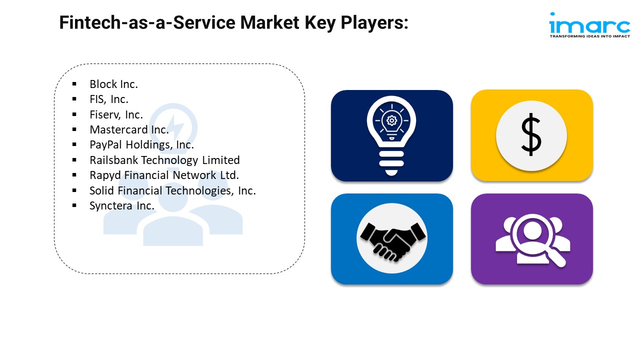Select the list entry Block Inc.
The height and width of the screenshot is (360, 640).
[113, 84]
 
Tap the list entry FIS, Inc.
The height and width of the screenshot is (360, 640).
[109, 99]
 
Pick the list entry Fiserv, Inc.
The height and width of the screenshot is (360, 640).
[116, 114]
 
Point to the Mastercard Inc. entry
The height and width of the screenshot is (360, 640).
[129, 129]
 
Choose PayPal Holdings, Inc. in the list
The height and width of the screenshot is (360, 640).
[141, 145]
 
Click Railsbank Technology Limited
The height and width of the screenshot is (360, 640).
[164, 160]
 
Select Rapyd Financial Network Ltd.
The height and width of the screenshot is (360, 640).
[164, 175]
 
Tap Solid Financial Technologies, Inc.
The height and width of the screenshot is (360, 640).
[172, 190]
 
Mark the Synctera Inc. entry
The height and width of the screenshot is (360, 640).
[121, 205]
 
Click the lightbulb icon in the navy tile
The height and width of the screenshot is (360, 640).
[391, 134]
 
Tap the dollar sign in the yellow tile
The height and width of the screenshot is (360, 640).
[531, 135]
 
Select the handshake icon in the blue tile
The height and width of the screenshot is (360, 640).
[392, 238]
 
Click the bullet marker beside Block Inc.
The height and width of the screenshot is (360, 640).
[74, 84]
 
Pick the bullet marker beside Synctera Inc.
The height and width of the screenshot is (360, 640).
[74, 205]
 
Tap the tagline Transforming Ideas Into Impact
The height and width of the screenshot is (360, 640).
[589, 36]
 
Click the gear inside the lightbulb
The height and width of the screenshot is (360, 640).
[391, 120]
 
